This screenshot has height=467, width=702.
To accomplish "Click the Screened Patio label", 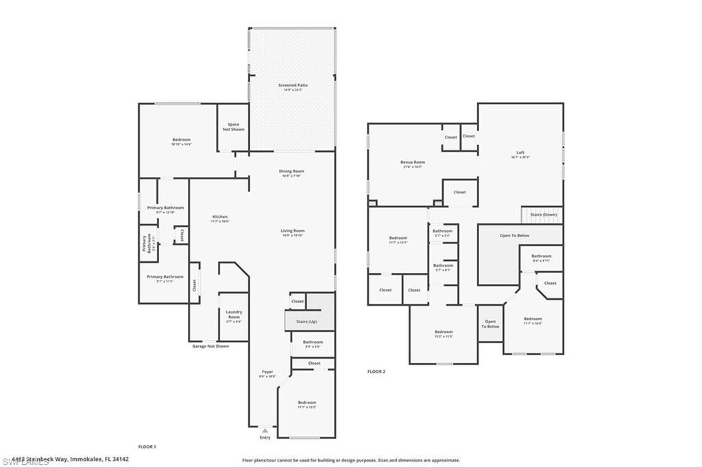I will click(293, 86).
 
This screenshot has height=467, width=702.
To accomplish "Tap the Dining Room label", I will click(291, 171).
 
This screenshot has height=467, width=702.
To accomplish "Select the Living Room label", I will click(292, 231).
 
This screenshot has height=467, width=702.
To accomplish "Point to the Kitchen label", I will click(219, 217).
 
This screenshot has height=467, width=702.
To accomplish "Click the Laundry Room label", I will click(234, 315).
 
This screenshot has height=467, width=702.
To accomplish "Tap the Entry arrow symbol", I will click(265, 431).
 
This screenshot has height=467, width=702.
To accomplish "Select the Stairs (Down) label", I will click(544, 215).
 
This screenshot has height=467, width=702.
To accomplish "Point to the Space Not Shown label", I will click(233, 127).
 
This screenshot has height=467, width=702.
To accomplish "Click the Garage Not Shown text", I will click(210, 346).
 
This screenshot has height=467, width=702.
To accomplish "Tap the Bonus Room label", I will click(413, 163).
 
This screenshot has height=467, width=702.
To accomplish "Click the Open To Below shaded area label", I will click(514, 235).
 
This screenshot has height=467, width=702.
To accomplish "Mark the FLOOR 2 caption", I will click(376, 371).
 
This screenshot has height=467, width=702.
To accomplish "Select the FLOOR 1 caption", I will click(147, 446).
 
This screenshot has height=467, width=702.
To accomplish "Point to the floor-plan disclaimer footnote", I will click(350, 460).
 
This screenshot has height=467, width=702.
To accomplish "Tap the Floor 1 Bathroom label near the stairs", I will click(313, 342).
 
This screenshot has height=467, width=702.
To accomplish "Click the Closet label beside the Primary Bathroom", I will click(182, 235).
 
